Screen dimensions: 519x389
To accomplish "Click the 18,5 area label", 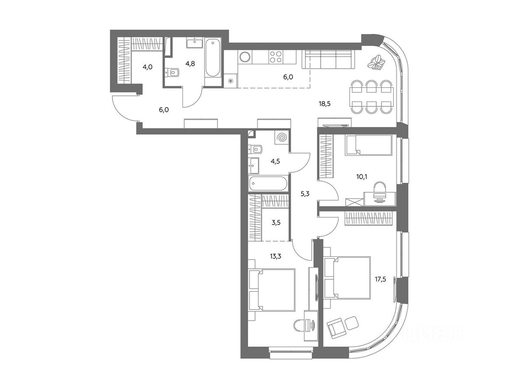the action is coord(324,103).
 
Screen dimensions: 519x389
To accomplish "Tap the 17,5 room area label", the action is coord(380,279).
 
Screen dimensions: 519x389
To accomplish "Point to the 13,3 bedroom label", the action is coord(275,256).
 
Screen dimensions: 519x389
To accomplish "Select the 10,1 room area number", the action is coord(362,176).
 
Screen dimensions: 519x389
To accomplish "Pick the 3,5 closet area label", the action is coord(276,222).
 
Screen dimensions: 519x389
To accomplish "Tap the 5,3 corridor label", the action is coord(304,194).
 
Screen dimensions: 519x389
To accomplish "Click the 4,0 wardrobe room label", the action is coord(147,67).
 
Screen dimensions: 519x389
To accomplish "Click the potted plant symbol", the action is coord(377,62).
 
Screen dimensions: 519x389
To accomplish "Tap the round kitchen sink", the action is coord(245,57).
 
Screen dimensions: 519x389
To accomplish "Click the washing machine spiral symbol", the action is coord(282,137).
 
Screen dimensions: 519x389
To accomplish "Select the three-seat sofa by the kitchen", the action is coord(329,59).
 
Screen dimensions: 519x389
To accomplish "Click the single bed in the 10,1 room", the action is coord(368,145).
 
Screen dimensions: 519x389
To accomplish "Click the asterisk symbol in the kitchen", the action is coord(231,81).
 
